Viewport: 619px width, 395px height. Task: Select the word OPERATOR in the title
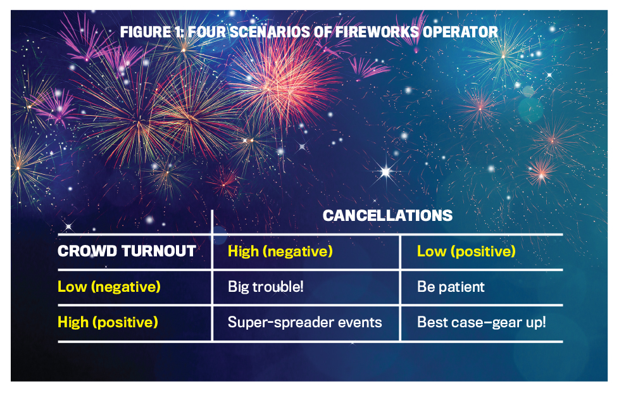(460, 32)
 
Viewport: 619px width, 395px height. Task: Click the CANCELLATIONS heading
(387, 216)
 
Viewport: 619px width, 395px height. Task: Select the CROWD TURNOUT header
(127, 251)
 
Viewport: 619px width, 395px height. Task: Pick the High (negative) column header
(280, 251)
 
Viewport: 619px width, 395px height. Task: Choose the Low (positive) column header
(466, 251)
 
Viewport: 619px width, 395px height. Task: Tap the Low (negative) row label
(109, 287)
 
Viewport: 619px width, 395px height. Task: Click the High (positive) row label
(108, 322)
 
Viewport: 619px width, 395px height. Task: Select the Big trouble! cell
(266, 287)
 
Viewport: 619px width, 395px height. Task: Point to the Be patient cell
(451, 287)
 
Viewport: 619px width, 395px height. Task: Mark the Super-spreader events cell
(305, 322)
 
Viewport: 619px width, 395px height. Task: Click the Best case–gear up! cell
(482, 322)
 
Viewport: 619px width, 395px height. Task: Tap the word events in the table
(360, 323)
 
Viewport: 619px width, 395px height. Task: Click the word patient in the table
(462, 287)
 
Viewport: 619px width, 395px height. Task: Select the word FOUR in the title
(207, 32)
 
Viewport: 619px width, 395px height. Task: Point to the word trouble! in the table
(278, 287)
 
